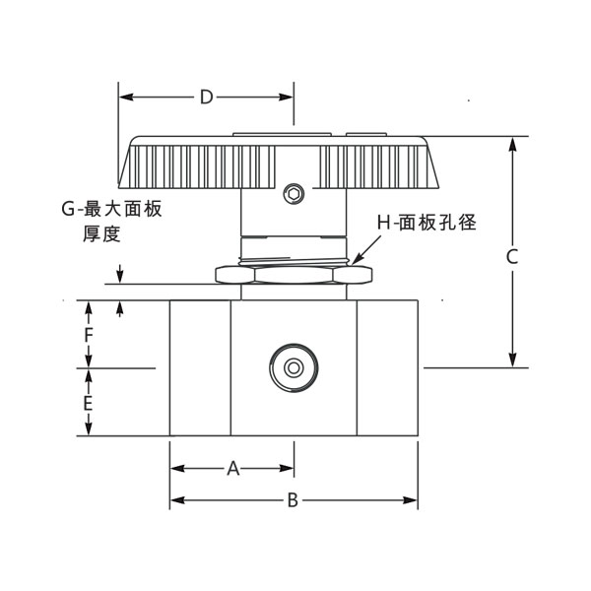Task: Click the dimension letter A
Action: (x=233, y=469)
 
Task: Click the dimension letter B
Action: (x=293, y=500)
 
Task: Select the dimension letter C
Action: (x=512, y=256)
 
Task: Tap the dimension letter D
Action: (x=206, y=97)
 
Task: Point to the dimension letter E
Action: (x=89, y=404)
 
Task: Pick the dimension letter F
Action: (x=89, y=336)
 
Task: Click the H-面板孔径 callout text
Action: (x=427, y=223)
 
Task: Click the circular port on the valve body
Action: (x=293, y=367)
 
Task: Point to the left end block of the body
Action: (x=201, y=367)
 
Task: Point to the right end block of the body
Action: (x=386, y=367)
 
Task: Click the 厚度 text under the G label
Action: (x=102, y=233)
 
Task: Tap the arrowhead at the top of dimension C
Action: (x=512, y=144)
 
